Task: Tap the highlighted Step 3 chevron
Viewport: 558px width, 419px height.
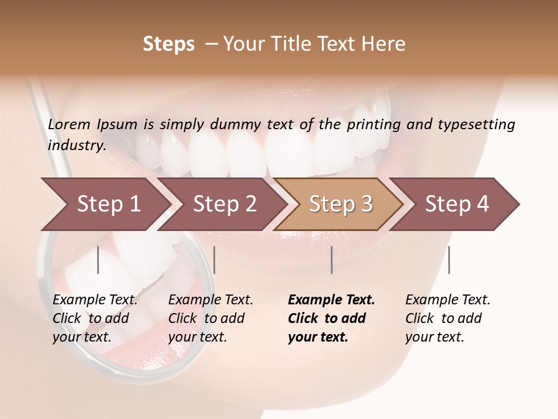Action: coord(341,204)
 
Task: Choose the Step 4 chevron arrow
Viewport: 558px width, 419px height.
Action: coord(457,204)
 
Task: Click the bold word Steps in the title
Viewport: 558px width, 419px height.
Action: coord(169,44)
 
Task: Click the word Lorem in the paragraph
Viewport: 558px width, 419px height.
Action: coord(69,125)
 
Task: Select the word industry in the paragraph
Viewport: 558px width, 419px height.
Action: coord(77,145)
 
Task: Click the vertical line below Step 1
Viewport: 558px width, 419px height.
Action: coord(98,260)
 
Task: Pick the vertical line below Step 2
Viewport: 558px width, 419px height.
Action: coord(214,260)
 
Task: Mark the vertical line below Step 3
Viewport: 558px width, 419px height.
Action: coord(331,260)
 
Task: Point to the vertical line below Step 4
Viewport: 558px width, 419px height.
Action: coord(449,260)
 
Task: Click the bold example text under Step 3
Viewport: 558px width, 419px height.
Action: coord(331,318)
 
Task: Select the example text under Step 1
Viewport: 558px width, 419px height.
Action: coord(95,318)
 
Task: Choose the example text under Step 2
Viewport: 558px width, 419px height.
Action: coord(210,318)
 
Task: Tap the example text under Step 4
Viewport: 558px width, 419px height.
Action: coord(448,318)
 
